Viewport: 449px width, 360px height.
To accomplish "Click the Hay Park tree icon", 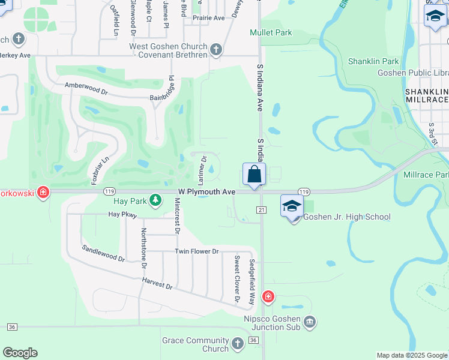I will click(x=155, y=199).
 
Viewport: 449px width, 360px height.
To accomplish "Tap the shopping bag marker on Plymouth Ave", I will click(x=254, y=175).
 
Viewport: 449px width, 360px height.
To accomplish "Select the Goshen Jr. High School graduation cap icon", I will click(x=292, y=206).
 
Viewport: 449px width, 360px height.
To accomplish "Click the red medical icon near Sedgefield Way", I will click(x=268, y=296).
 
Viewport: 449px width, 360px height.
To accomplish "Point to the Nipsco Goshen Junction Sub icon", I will click(x=309, y=322).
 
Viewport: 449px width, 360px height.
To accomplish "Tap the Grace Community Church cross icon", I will click(x=238, y=343).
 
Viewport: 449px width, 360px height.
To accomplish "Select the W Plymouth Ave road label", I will click(x=206, y=191).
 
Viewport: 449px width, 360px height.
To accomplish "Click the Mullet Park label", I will click(x=271, y=32).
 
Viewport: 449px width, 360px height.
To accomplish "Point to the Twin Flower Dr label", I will click(x=197, y=251).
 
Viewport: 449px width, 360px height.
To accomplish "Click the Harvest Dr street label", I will click(x=157, y=283).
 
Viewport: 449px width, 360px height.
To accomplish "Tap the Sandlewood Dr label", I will click(x=103, y=254).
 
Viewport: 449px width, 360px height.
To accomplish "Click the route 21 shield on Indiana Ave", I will click(x=261, y=209).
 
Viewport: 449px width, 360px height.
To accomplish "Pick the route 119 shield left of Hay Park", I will click(x=109, y=191).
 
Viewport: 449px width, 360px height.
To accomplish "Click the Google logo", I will click(x=20, y=353).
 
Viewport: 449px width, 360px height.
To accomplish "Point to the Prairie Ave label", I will click(x=208, y=18).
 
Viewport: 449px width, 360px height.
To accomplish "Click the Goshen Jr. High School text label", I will click(x=347, y=217).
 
